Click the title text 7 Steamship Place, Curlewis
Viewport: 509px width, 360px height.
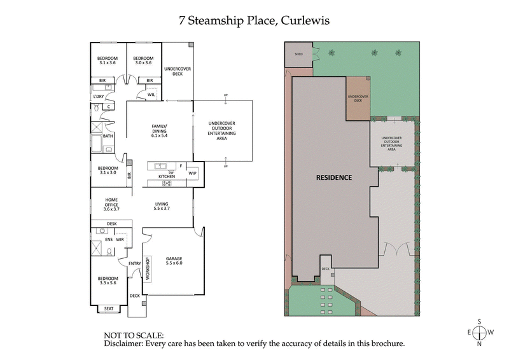(254, 20)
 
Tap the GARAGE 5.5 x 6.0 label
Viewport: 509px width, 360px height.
(174, 261)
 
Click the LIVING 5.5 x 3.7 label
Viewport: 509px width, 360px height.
(161, 206)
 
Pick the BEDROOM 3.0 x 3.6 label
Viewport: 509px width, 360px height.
(143, 60)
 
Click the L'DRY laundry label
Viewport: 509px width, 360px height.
(99, 96)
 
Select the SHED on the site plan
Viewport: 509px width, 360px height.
(298, 55)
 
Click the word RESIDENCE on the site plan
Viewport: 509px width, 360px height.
(333, 177)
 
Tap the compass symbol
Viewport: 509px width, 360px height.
(480, 332)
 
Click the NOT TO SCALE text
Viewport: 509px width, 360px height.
(133, 335)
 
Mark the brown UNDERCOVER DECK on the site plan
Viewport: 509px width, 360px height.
(357, 99)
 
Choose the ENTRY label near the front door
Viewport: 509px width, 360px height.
(134, 263)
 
